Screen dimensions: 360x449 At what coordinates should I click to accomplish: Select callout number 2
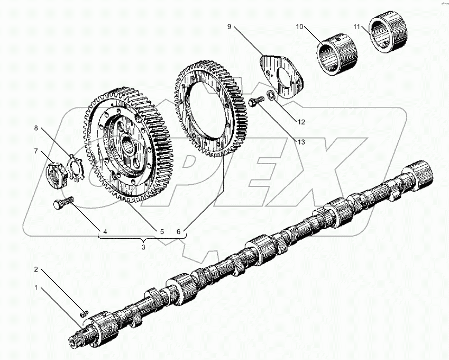(36, 269)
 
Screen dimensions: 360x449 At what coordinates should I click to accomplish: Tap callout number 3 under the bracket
(143, 246)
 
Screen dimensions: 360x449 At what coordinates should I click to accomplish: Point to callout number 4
(105, 231)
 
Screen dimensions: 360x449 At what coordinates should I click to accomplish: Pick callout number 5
(162, 231)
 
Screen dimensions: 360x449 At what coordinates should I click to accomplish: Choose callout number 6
(179, 231)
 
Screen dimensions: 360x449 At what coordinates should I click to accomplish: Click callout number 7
(36, 151)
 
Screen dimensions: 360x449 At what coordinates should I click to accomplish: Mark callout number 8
(36, 128)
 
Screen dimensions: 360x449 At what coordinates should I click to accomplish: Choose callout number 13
(301, 141)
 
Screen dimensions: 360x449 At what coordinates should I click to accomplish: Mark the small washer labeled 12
(270, 95)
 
